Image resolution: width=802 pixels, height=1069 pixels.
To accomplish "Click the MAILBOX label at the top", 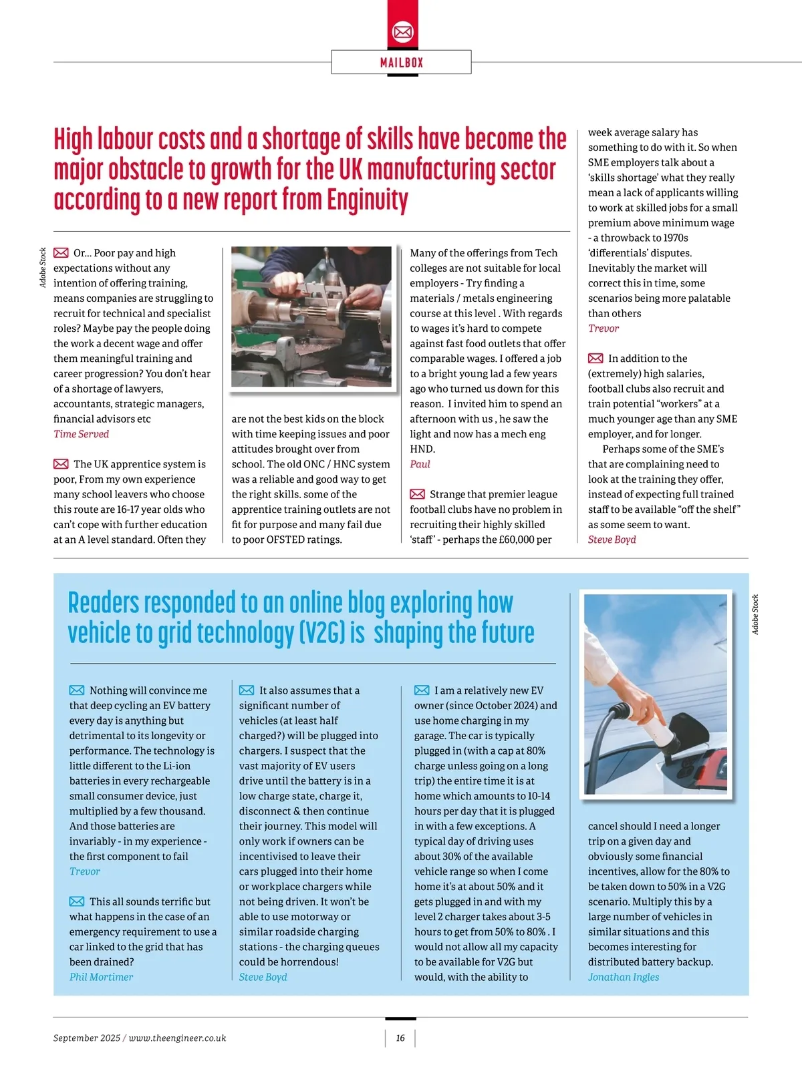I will [402, 63].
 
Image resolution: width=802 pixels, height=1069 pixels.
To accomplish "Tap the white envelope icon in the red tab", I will [402, 31].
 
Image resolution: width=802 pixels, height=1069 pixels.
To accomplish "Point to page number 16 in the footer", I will [400, 1038].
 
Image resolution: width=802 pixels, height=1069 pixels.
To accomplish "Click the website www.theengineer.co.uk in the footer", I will [177, 1038].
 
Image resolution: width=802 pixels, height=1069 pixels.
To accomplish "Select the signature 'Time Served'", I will [81, 434].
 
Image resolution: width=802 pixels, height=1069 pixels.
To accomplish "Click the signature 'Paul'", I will [420, 464].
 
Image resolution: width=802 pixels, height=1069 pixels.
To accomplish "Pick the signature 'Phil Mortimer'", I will [101, 977].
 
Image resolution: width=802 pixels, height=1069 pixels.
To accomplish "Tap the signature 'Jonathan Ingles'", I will [623, 977].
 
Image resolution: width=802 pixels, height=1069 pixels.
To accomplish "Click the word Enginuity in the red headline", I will [367, 200].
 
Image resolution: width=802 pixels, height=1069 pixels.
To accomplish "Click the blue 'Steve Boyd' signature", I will [263, 977].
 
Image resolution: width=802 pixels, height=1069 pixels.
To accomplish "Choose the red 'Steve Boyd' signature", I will [612, 540].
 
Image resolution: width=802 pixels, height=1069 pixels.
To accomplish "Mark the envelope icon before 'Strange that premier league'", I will [417, 494].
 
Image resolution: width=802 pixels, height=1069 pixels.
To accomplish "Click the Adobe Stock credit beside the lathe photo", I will [43, 268].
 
